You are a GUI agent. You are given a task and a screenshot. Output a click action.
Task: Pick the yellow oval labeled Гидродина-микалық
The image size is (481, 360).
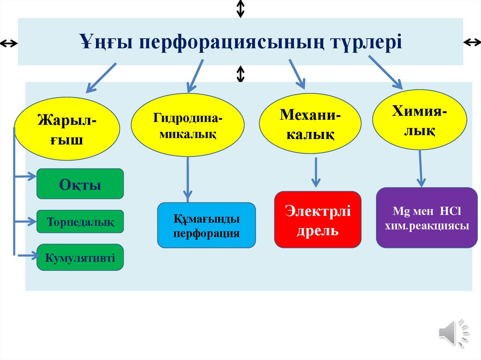(187, 125)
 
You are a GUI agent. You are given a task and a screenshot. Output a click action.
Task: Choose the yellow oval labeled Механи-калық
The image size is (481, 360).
(310, 124)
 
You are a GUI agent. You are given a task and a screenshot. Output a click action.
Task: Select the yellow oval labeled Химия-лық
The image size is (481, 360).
(419, 119)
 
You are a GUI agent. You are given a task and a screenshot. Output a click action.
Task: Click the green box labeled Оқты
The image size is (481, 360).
(80, 184)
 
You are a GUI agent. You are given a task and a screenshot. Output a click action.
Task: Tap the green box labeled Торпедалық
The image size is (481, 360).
(80, 222)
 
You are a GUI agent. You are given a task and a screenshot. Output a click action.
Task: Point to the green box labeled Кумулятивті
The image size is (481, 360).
(80, 257)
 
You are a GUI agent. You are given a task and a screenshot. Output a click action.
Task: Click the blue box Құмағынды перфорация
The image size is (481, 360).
(207, 225)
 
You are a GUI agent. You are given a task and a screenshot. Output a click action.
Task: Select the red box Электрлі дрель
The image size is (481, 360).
(318, 219)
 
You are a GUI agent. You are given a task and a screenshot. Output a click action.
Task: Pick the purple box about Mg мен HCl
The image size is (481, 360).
(427, 218)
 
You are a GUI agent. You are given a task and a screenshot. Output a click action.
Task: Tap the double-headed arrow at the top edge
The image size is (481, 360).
(240, 8)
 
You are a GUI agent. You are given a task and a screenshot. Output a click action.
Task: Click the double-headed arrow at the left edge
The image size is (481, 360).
(8, 44)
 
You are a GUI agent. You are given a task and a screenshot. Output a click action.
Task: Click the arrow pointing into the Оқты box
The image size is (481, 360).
(26, 177)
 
